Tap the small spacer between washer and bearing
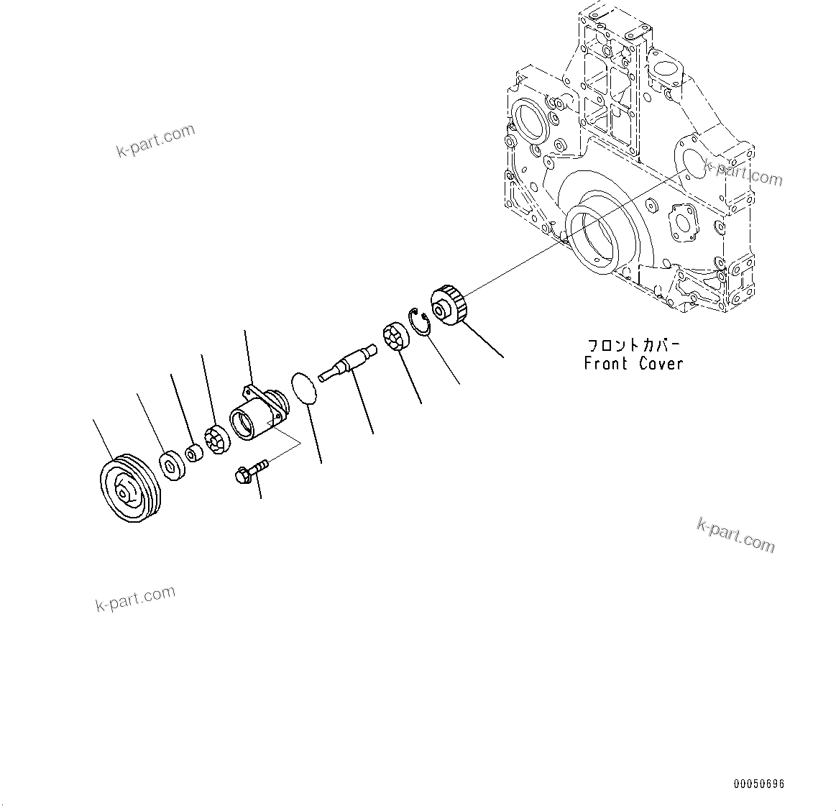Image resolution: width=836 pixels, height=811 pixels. pyautogui.click(x=193, y=454)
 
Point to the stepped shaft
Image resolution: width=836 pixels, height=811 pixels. pyautogui.click(x=348, y=362)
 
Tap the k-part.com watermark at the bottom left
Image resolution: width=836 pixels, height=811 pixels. pyautogui.click(x=135, y=599)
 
